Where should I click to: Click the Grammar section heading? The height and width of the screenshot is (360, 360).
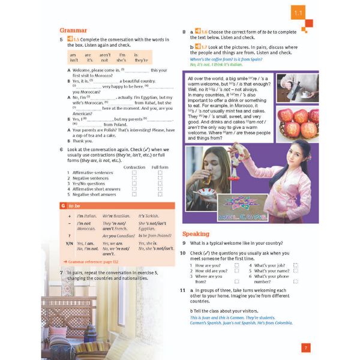point(73,30)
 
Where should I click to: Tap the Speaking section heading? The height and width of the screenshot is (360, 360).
point(196,233)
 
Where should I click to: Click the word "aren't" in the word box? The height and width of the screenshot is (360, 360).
point(105,54)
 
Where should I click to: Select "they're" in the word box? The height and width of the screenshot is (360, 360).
point(141,60)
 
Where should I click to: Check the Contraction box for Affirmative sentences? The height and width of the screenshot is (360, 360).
point(134,172)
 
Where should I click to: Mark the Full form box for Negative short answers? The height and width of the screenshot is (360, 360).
point(160,194)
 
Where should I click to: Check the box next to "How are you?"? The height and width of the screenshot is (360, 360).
point(236,265)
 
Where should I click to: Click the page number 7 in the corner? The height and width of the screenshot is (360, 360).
point(305,347)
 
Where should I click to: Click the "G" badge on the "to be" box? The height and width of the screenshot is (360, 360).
point(63,205)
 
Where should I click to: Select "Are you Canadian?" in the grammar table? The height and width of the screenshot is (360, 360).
point(118,236)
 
